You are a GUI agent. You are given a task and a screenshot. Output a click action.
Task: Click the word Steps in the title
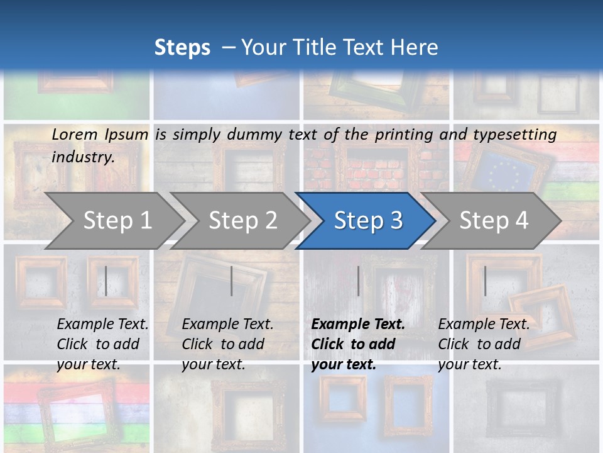coord(182,48)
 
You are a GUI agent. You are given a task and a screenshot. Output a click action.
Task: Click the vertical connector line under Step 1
coord(106,281)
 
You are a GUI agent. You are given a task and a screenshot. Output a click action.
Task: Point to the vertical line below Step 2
coord(232,281)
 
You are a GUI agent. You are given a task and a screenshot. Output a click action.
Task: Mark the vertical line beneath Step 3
coord(359,281)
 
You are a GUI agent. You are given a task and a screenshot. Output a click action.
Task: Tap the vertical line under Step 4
coord(485,281)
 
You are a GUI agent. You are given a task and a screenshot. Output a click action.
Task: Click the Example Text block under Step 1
coord(102,344)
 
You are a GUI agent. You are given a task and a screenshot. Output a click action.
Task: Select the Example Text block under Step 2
coord(227,344)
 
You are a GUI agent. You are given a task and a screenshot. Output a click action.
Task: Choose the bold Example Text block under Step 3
coord(358,344)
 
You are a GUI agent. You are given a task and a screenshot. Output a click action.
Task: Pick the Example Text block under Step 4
coord(484,344)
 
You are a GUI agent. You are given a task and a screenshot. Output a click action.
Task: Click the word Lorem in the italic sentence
coord(75,134)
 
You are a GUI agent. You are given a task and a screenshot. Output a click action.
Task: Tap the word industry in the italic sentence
coord(83,157)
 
